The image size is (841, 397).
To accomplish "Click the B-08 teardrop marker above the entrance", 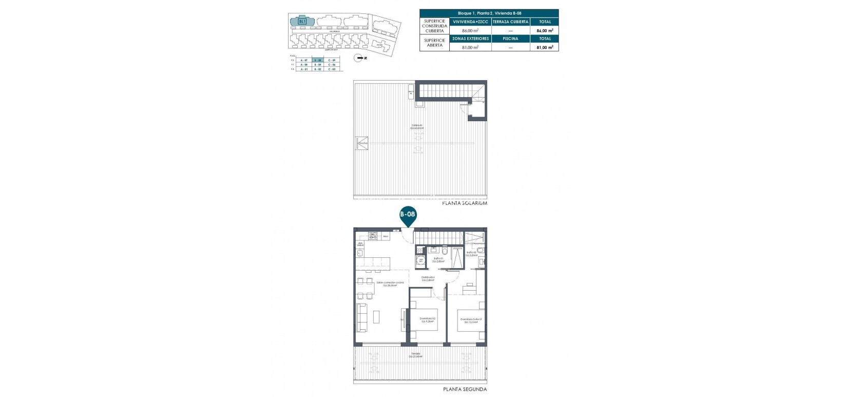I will point(408,216).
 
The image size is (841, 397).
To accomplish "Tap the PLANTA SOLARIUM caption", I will point(464,203).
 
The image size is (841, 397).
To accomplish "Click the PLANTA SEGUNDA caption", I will point(465,389).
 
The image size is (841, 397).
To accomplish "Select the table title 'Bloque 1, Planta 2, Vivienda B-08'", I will point(489,13).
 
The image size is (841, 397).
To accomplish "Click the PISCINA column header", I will point(510,39).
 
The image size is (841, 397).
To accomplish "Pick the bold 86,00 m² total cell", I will point(544,30).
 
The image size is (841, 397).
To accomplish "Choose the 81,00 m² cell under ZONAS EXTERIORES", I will point(470,47).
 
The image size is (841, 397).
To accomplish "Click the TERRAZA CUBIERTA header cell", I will point(510,22).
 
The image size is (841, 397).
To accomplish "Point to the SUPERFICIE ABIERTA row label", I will point(434,43).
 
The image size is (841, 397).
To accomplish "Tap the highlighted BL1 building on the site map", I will point(302,21).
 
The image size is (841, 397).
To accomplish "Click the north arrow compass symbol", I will point(359,59).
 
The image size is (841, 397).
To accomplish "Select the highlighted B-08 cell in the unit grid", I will point(318,60).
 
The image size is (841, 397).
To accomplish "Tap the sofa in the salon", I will point(362,317).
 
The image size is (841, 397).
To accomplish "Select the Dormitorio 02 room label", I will point(427,320).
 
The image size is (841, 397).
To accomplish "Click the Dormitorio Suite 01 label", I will point(471,320).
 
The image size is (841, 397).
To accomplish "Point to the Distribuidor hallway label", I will point(428,278).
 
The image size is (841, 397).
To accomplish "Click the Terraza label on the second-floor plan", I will point(415,354).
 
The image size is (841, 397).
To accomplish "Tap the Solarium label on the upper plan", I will point(417,126).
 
